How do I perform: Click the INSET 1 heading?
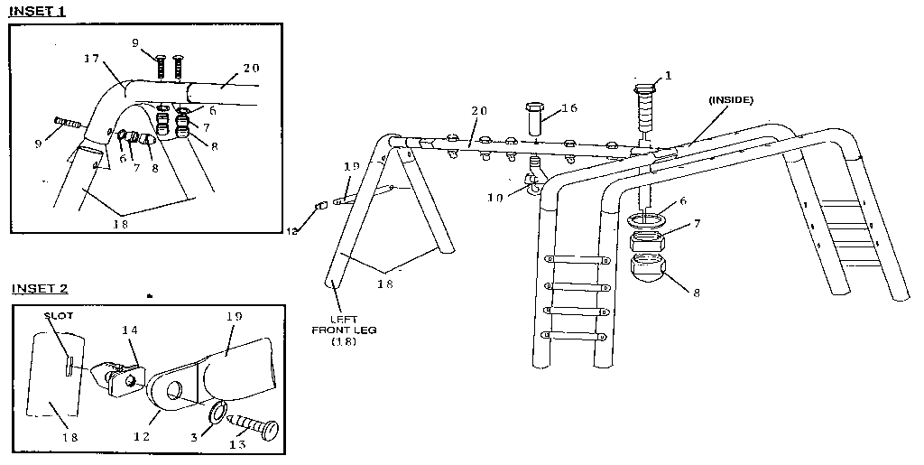pyautogui.click(x=39, y=12)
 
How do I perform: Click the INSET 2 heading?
pyautogui.click(x=40, y=289)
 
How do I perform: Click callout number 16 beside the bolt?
pyautogui.click(x=568, y=107)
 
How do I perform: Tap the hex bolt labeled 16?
pyautogui.click(x=533, y=120)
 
